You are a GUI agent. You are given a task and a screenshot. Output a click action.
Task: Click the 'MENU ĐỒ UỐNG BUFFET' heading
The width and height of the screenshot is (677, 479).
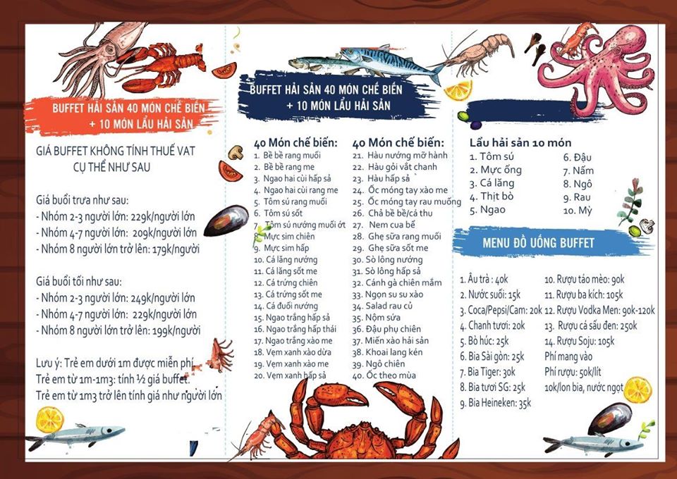click(x=538, y=243)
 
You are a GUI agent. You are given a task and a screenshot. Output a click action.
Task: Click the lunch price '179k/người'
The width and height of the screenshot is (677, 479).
click(x=176, y=249)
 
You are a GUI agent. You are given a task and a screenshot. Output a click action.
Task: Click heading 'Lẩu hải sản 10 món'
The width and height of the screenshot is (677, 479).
click(x=520, y=143)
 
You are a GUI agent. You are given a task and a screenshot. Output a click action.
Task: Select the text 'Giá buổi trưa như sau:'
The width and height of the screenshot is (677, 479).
click(x=83, y=201)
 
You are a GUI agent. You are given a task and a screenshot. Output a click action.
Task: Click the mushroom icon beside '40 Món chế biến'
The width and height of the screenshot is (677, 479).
click(x=236, y=151)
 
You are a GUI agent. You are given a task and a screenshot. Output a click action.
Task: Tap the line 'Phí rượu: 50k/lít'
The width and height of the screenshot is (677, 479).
click(x=573, y=372)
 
